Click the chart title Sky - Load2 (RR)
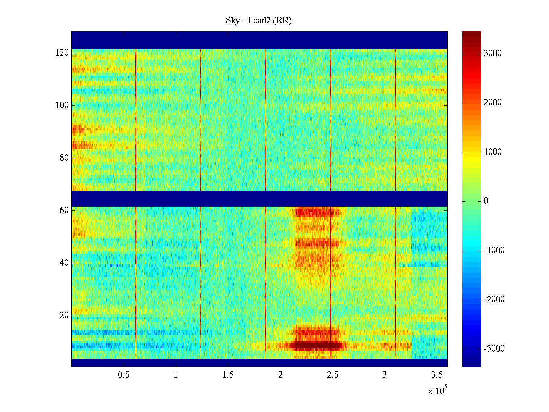pyautogui.click(x=259, y=21)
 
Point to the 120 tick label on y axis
pyautogui.click(x=62, y=53)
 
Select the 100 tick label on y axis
pyautogui.click(x=62, y=105)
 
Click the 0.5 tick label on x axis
pyautogui.click(x=124, y=375)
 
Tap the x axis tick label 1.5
pyautogui.click(x=228, y=375)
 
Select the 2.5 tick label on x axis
pyautogui.click(x=332, y=375)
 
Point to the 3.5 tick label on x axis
pyautogui.click(x=437, y=375)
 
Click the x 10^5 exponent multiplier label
pyautogui.click(x=437, y=390)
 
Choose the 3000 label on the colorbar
pyautogui.click(x=492, y=54)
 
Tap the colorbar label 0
pyautogui.click(x=486, y=201)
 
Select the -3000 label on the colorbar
pyautogui.click(x=494, y=349)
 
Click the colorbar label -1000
pyautogui.click(x=494, y=250)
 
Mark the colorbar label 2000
pyautogui.click(x=492, y=103)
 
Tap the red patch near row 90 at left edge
pyautogui.click(x=78, y=129)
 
